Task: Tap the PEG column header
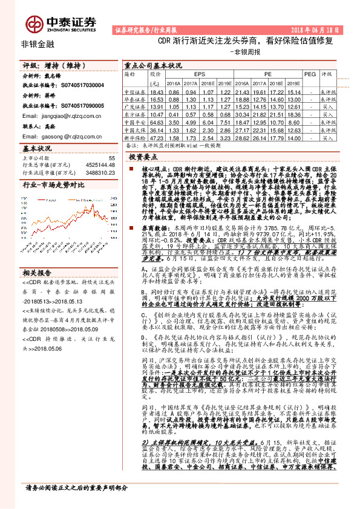309,73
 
